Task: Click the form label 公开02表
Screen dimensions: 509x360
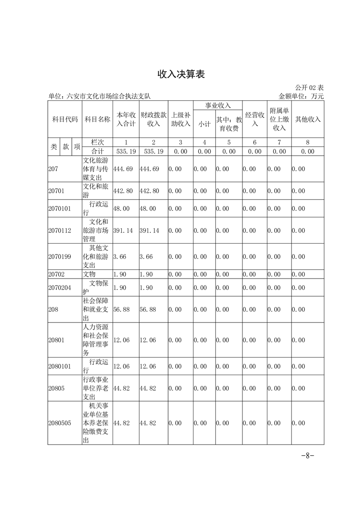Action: click(309, 88)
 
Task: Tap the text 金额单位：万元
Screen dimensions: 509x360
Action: click(301, 96)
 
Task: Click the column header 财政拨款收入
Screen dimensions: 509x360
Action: click(153, 119)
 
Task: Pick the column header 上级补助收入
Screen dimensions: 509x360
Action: click(181, 119)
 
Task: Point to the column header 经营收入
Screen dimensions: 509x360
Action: click(255, 119)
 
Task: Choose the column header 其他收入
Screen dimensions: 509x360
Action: click(308, 119)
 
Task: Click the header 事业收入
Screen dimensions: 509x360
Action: click(218, 105)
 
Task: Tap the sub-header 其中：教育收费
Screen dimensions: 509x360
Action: click(229, 124)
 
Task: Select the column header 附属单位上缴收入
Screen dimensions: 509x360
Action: click(279, 119)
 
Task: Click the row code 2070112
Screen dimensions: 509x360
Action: click(60, 230)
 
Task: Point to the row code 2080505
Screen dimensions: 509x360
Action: click(60, 423)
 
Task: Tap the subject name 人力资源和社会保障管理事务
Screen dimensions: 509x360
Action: click(97, 340)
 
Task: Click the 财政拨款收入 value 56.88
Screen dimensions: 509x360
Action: click(148, 309)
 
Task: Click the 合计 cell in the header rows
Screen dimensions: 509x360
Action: click(97, 152)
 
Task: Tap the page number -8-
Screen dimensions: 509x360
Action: click(308, 456)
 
